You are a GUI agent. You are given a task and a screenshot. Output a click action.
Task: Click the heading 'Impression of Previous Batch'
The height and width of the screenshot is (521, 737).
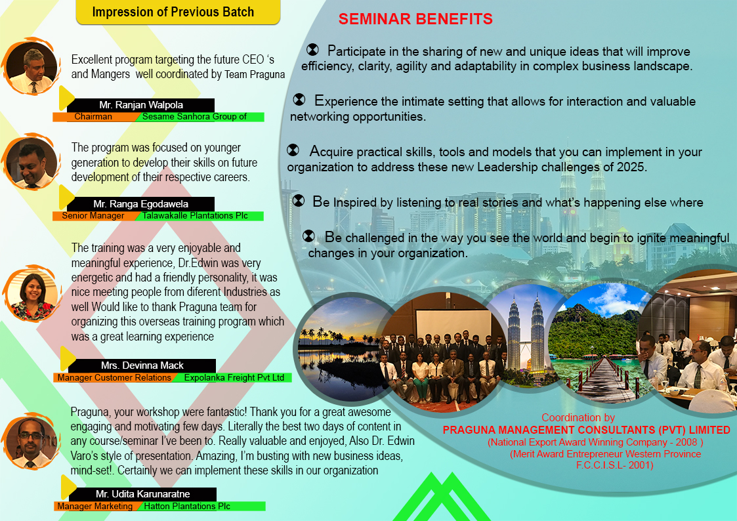click(x=173, y=12)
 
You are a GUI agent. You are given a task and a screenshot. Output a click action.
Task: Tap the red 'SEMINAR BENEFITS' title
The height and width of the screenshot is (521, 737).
click(x=415, y=19)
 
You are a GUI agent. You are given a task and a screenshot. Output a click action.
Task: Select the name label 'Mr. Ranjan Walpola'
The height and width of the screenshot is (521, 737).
click(x=141, y=105)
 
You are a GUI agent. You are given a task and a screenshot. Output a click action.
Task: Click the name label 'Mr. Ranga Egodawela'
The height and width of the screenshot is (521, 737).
click(x=141, y=204)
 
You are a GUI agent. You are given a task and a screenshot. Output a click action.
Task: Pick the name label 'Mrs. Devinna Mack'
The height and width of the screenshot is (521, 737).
click(x=142, y=365)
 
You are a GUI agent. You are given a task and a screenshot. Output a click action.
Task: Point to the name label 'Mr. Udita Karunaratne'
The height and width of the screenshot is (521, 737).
click(x=142, y=493)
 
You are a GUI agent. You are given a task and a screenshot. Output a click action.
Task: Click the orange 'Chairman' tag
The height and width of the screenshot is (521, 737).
click(x=93, y=117)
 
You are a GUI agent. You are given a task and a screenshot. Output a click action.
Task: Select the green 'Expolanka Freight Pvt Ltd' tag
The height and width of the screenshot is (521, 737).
click(x=234, y=378)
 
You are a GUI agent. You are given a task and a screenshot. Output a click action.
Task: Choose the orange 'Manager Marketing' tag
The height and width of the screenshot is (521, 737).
click(x=95, y=507)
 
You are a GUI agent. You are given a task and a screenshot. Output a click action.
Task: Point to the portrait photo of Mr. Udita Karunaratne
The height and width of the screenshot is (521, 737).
click(x=30, y=444)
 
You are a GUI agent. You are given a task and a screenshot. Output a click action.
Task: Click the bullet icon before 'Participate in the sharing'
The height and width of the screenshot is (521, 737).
click(x=312, y=50)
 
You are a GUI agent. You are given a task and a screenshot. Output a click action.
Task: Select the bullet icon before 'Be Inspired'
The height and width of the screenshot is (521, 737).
click(x=299, y=201)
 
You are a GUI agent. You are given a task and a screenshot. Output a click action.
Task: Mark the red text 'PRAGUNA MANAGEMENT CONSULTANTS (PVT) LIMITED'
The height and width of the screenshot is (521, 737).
click(x=586, y=430)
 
